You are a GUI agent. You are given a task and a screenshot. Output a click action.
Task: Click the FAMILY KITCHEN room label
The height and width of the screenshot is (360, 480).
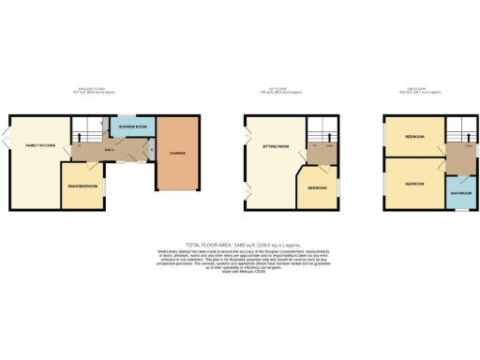pyautogui.click(x=32, y=145)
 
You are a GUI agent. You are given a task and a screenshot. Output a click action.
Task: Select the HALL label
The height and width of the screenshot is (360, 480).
pyautogui.click(x=110, y=149)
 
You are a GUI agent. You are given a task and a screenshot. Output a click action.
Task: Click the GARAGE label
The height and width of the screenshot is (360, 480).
pyautogui.click(x=177, y=152)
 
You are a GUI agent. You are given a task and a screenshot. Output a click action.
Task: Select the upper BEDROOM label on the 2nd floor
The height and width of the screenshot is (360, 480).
pyautogui.click(x=413, y=137)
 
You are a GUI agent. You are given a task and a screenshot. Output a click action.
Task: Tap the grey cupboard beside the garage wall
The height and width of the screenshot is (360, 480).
pyautogui.click(x=152, y=147)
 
